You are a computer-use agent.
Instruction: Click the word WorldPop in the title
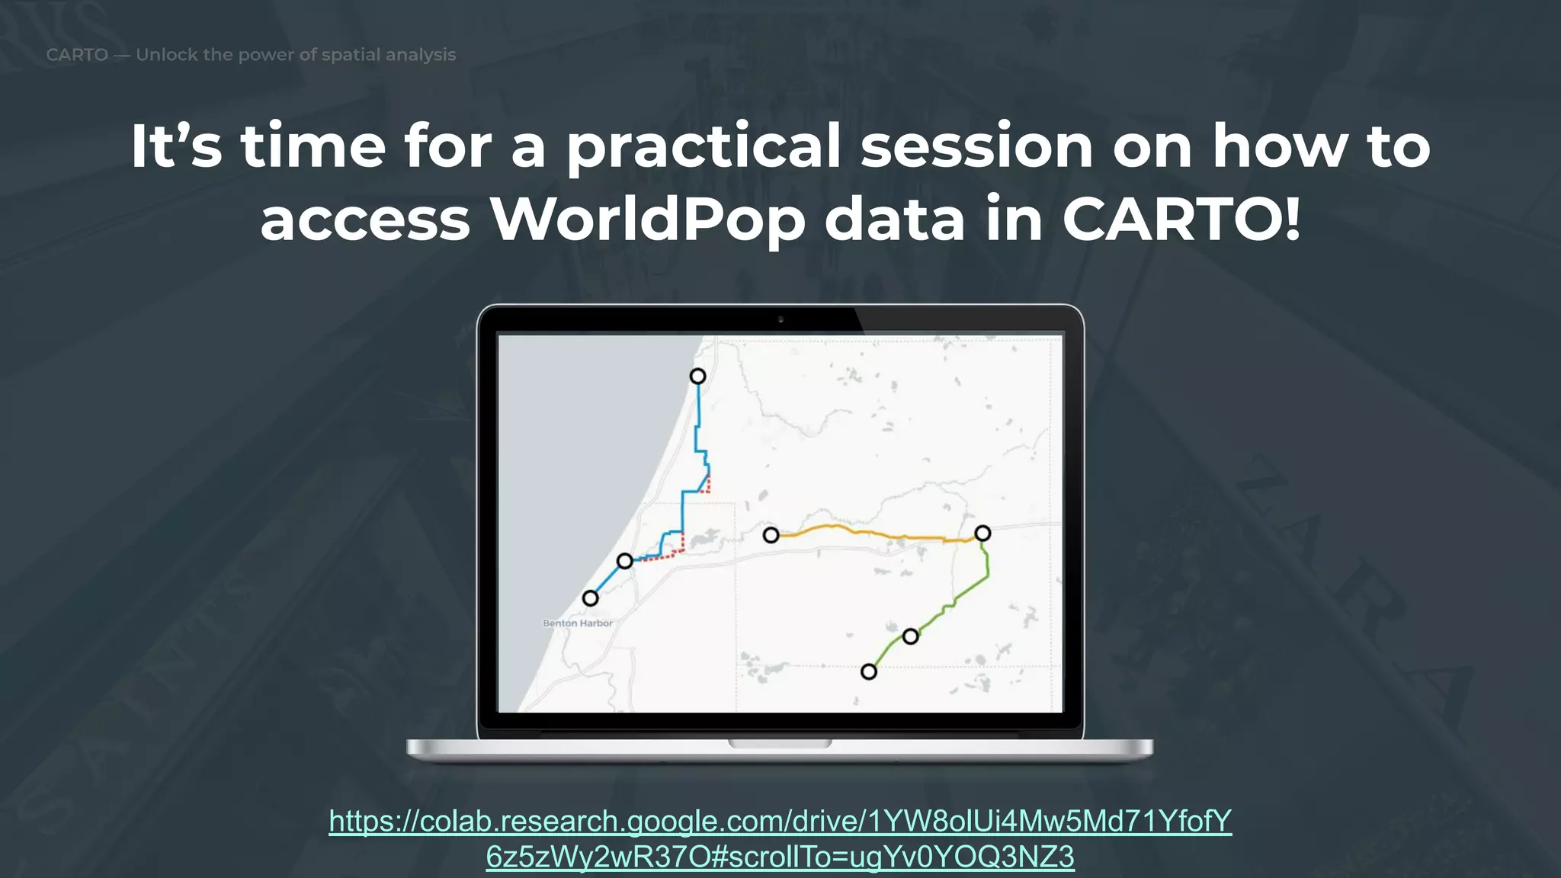click(x=648, y=220)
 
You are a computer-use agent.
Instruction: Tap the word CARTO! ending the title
click(x=1181, y=220)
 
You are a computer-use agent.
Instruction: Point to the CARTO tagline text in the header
click(x=251, y=55)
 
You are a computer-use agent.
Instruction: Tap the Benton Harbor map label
click(x=577, y=623)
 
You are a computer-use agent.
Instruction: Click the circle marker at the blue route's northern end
click(x=697, y=377)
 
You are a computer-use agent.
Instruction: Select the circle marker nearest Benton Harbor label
click(x=590, y=598)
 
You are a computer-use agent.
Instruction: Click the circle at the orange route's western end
click(x=771, y=535)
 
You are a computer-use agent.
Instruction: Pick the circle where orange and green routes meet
click(x=982, y=534)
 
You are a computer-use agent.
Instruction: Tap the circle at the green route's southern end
click(x=868, y=671)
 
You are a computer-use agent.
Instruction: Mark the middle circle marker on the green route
click(x=910, y=636)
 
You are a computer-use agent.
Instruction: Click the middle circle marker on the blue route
click(x=624, y=562)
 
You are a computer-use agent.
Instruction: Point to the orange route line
click(x=877, y=533)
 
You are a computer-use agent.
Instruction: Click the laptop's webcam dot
click(x=780, y=319)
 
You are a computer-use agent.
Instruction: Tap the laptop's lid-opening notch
click(x=780, y=743)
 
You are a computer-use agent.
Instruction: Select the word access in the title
click(x=365, y=220)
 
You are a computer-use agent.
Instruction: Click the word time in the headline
click(x=313, y=146)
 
